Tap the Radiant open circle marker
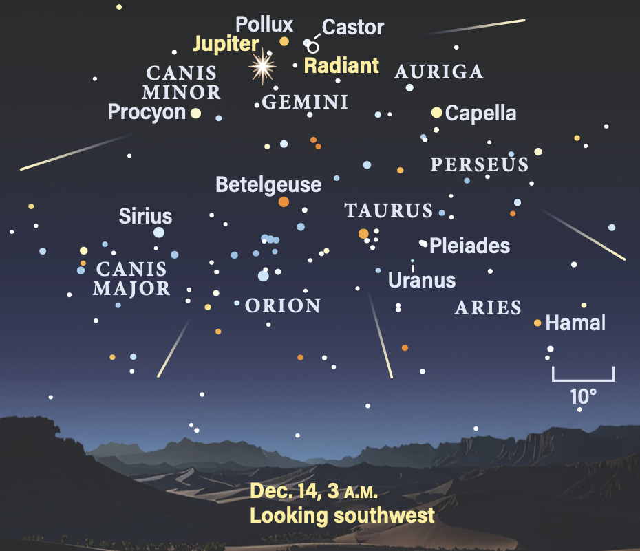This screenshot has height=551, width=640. point(313,47)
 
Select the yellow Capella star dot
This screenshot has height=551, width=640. point(436,112)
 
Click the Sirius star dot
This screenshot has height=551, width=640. point(159,233)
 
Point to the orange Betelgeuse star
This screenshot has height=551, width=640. point(284,202)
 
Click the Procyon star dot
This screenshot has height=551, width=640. point(196,114)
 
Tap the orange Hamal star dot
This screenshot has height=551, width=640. point(537,323)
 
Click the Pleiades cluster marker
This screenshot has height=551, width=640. point(423,243)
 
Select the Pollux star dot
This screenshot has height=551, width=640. point(284,41)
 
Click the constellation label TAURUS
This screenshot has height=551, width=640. point(389,210)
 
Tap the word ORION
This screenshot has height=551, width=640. point(283,305)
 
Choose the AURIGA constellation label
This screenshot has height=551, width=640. point(439,72)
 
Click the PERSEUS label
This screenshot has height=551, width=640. point(480,165)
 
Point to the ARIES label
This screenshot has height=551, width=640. point(488,307)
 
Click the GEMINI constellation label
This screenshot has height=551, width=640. point(306,103)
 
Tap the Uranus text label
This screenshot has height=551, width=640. point(422,281)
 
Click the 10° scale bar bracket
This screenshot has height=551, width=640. point(583,376)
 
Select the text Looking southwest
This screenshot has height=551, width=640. point(342,515)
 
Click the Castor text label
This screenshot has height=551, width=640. point(353,28)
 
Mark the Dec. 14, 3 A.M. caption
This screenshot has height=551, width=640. point(314,492)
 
